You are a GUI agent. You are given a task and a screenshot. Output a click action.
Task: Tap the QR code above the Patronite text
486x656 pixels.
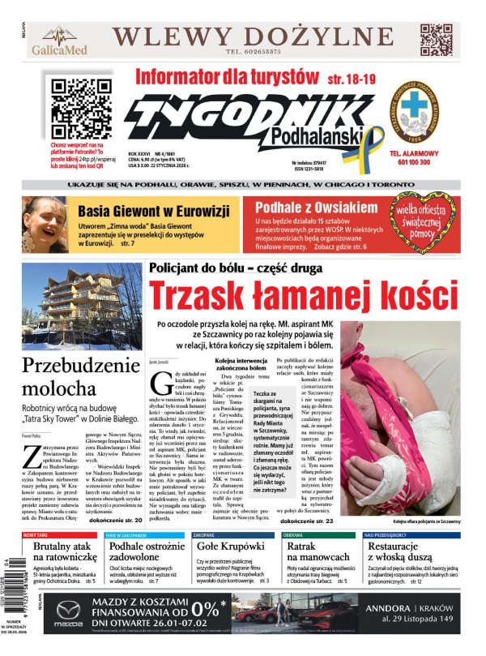(x=70, y=95)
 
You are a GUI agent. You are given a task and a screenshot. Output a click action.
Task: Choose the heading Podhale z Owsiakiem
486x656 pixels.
(x=316, y=207)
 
